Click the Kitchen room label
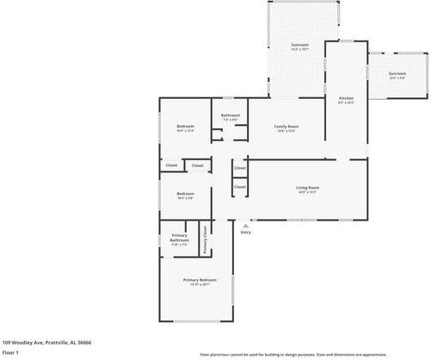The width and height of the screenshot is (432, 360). pyautogui.click(x=346, y=99)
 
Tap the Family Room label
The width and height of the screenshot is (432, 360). pyautogui.click(x=287, y=127)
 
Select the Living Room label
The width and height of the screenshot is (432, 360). pyautogui.click(x=307, y=187)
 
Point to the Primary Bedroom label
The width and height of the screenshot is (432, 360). pyautogui.click(x=199, y=280)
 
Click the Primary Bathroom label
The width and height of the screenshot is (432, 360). pyautogui.click(x=180, y=235)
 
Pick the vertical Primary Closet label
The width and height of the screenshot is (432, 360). pyautogui.click(x=205, y=239)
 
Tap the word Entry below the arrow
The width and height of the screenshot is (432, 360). pyautogui.click(x=246, y=232)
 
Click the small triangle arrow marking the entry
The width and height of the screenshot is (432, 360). pyautogui.click(x=246, y=225)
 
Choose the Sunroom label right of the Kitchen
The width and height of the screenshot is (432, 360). pyautogui.click(x=397, y=74)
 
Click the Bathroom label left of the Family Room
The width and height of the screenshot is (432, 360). pyautogui.click(x=230, y=115)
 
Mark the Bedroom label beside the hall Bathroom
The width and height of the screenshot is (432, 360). pyautogui.click(x=186, y=127)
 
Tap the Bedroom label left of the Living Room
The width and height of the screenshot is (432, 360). pyautogui.click(x=185, y=194)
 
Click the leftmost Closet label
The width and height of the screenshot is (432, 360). pyautogui.click(x=171, y=165)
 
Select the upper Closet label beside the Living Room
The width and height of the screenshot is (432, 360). pyautogui.click(x=240, y=168)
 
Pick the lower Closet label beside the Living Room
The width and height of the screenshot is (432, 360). pyautogui.click(x=240, y=186)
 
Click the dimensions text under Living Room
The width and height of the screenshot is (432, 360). pyautogui.click(x=307, y=192)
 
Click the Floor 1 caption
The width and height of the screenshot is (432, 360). pyautogui.click(x=11, y=352)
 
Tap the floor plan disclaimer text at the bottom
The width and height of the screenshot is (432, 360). pyautogui.click(x=314, y=354)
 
